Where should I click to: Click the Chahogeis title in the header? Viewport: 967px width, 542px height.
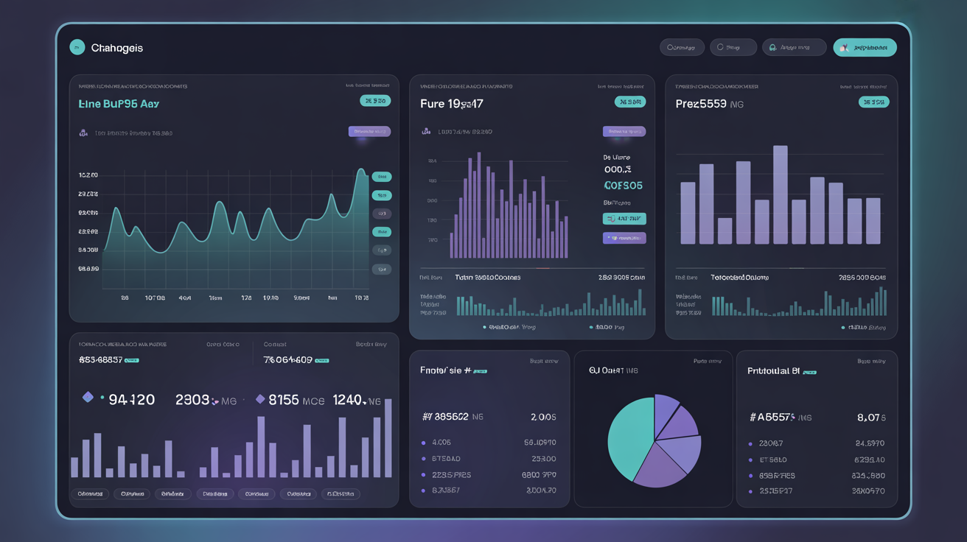116,48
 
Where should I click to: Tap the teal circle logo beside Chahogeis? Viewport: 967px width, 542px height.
77,47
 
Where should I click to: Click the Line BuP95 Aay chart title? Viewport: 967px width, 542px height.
119,104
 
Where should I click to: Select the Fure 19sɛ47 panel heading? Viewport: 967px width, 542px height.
451,104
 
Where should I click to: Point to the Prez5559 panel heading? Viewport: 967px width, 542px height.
701,104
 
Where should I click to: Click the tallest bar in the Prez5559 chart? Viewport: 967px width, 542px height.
780,194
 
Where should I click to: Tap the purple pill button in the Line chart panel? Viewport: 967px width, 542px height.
369,132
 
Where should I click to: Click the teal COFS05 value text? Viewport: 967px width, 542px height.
623,186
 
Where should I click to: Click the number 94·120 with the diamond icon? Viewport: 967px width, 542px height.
131,400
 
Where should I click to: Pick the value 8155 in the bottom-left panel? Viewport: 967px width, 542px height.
284,400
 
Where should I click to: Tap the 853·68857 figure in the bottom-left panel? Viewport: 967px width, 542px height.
100,360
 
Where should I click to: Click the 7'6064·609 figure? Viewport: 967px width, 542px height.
287,360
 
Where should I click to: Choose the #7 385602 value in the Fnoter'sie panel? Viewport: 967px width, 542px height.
444,417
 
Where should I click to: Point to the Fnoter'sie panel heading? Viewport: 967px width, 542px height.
445,370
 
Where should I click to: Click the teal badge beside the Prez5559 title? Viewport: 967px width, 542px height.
873,102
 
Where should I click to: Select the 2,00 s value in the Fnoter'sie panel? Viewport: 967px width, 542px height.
543,417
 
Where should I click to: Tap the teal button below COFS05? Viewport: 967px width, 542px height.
624,219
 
